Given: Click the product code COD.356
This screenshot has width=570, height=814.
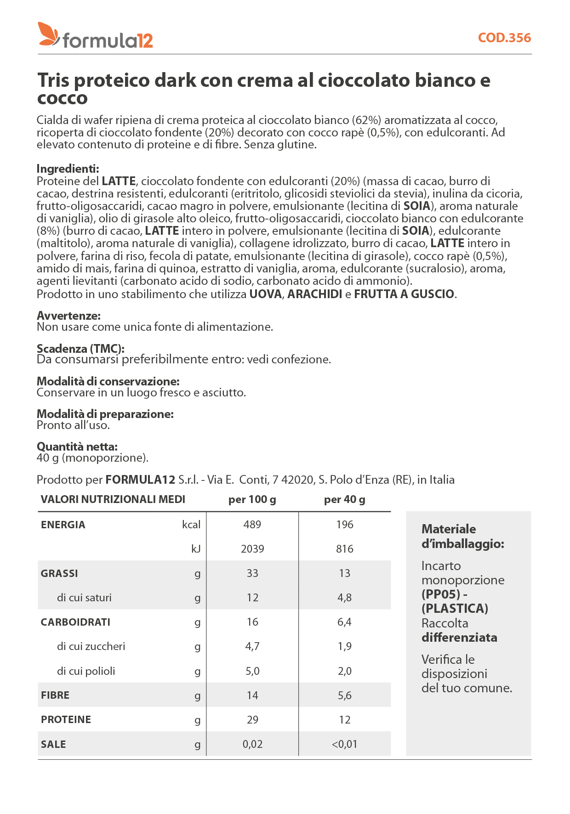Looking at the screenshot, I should (x=504, y=38).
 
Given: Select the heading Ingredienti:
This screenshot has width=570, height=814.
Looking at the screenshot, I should (x=68, y=169).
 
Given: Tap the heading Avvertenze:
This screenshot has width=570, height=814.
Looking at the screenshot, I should (x=68, y=316).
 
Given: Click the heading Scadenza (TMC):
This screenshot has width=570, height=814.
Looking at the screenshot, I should (x=80, y=348).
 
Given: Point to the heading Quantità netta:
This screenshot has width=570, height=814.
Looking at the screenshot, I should (x=77, y=446).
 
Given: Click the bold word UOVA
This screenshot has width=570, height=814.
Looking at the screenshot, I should (x=265, y=294).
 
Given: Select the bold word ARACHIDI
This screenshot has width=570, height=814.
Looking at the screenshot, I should (x=315, y=294).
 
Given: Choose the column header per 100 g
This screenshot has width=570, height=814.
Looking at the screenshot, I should (x=252, y=499).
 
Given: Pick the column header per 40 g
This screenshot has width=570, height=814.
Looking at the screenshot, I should (x=344, y=499).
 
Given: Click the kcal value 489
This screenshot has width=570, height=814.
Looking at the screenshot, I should (x=252, y=525).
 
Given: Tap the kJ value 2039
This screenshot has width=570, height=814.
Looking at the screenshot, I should (x=252, y=549).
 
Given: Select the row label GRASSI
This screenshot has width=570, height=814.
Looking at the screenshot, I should (x=59, y=573).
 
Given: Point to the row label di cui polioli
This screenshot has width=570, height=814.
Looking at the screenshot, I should (x=86, y=671).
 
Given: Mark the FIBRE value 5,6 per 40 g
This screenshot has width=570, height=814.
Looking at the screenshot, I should (x=344, y=695).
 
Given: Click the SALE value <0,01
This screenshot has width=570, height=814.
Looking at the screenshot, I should (x=344, y=744).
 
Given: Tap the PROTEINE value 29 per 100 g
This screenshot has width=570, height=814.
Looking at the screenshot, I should (x=252, y=720).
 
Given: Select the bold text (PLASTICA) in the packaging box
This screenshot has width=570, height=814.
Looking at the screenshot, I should (x=455, y=608).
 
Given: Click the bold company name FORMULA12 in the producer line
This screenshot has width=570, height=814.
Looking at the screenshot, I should (x=140, y=480).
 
